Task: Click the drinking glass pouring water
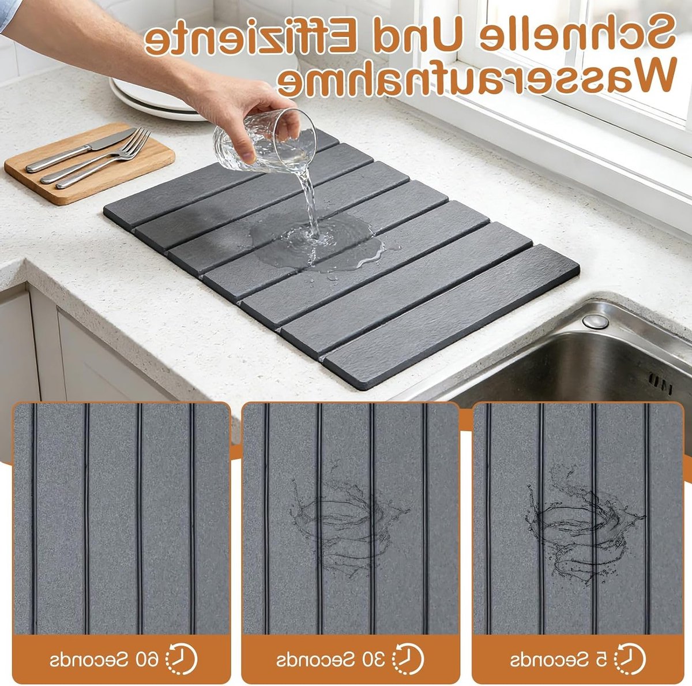(265, 141)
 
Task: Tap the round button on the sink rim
(595, 321)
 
